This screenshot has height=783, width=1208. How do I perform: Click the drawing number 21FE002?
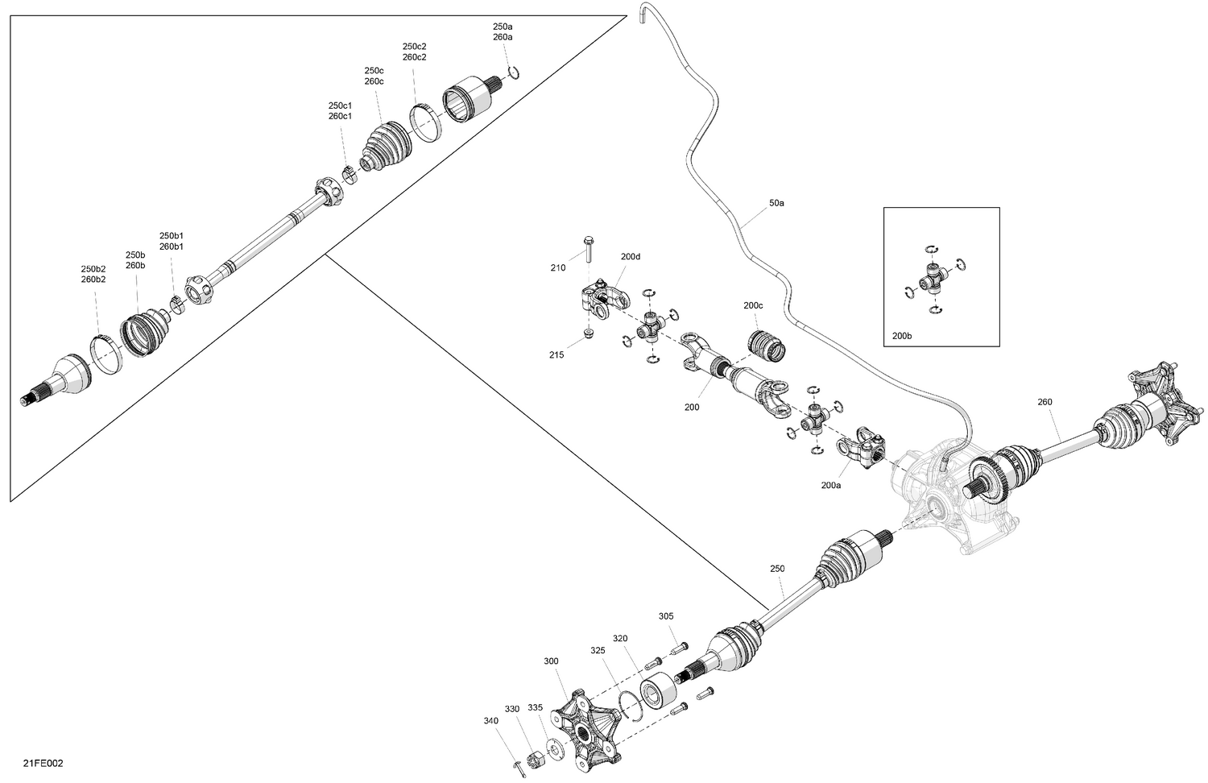click(x=43, y=763)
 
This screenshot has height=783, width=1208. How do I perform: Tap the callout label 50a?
click(x=776, y=203)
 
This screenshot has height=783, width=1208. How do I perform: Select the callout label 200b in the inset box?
click(x=902, y=335)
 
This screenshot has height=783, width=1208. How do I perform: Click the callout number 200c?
click(x=753, y=305)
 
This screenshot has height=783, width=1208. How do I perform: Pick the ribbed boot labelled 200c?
click(x=767, y=346)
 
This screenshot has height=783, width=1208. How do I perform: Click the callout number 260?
click(x=1045, y=402)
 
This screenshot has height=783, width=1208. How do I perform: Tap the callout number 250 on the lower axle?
click(x=777, y=569)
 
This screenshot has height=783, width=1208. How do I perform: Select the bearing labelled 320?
click(x=659, y=694)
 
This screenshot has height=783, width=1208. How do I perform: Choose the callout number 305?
click(x=666, y=615)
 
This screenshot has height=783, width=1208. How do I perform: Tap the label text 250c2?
click(x=414, y=47)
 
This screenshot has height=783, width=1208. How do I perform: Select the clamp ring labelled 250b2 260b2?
click(x=106, y=354)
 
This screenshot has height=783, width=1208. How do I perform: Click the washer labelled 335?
click(x=553, y=749)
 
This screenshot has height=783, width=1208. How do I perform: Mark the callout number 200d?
click(x=631, y=257)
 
